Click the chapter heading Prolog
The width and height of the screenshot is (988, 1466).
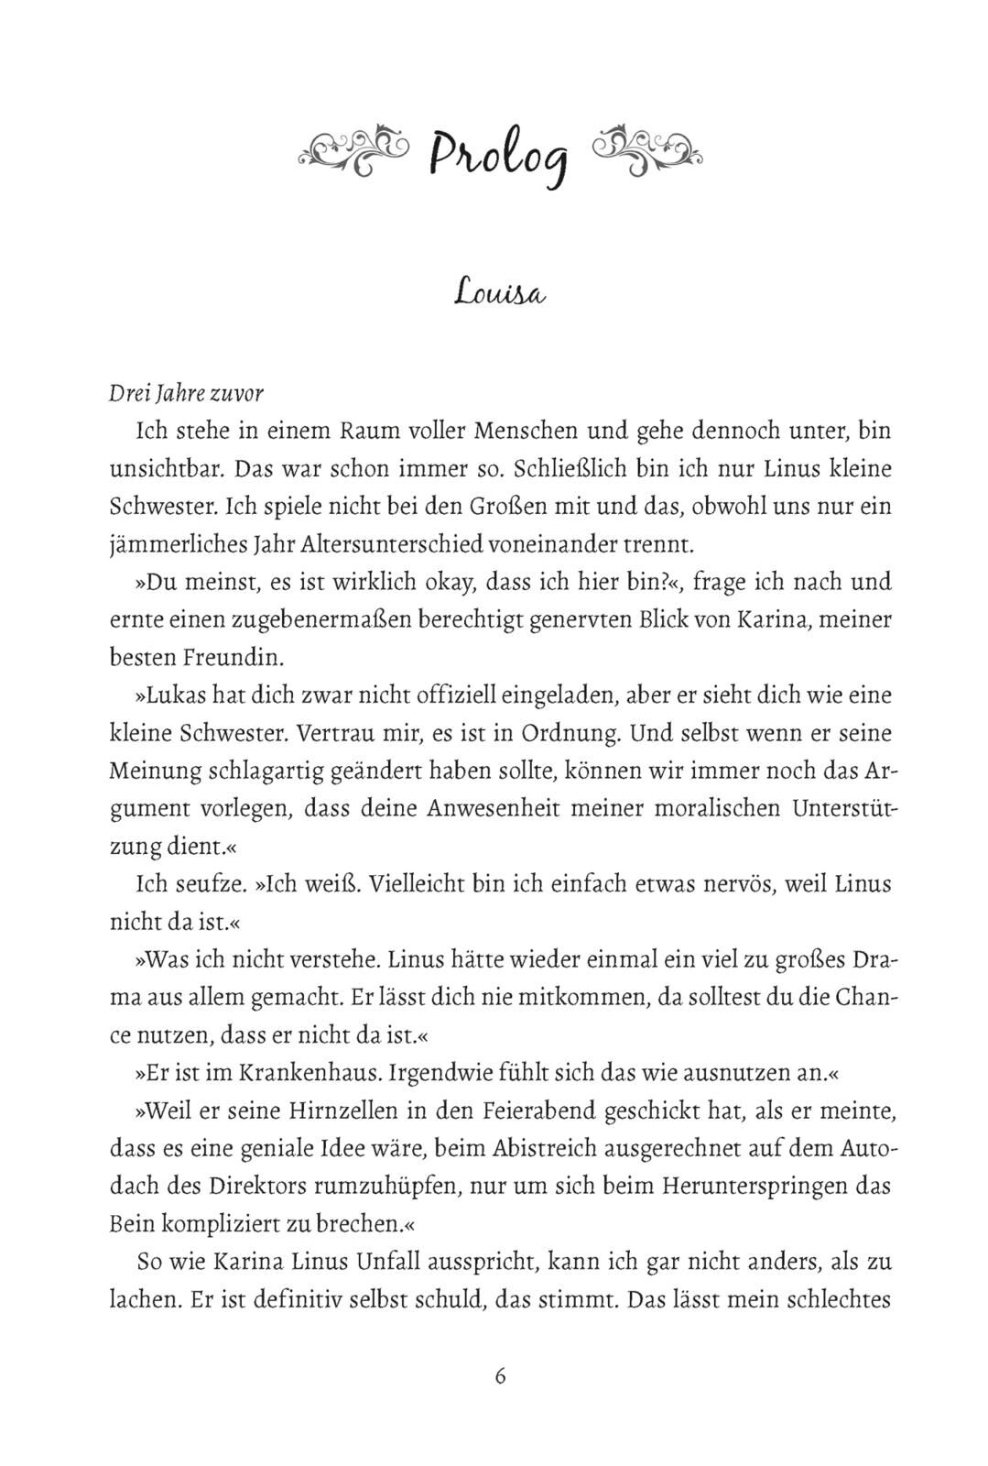point(500,151)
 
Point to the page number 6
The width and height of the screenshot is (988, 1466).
point(500,1376)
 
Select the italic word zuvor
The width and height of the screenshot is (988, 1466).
point(238,393)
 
